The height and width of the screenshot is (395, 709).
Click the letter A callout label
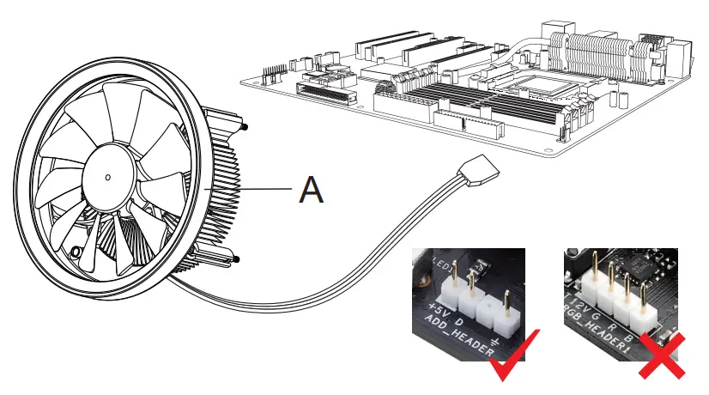(x=311, y=190)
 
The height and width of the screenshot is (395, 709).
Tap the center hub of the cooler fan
(x=106, y=177)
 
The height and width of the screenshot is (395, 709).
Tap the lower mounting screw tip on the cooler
(x=236, y=259)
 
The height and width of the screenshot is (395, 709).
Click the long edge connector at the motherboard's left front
(x=325, y=90)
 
